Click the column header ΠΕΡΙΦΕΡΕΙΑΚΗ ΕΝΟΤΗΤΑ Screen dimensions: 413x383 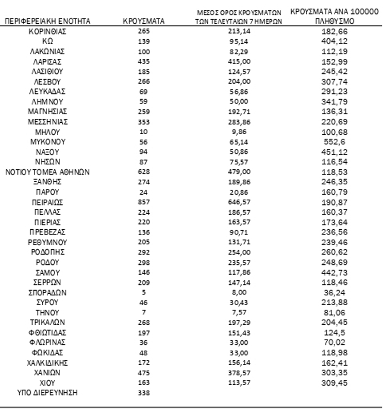pos(48,21)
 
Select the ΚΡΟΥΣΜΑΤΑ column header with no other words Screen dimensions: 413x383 pos(143,21)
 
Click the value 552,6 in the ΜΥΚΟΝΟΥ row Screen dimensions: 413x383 pos(330,141)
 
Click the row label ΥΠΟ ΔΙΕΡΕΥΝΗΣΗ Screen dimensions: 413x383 pos(48,393)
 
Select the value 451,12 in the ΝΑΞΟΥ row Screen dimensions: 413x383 pos(330,151)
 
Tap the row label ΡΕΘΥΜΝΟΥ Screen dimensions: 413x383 pos(48,242)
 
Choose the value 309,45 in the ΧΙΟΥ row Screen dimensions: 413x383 pos(330,382)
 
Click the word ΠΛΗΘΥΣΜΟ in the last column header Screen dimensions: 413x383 pos(330,22)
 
